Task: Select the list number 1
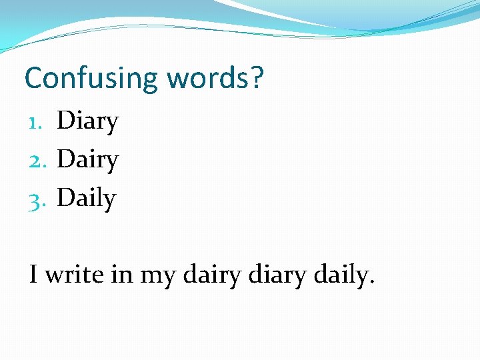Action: (37, 122)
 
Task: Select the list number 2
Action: (37, 161)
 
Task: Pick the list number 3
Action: (37, 199)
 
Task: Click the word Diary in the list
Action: (87, 122)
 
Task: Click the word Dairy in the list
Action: (87, 161)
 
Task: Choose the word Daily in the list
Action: (86, 199)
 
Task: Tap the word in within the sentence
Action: (122, 273)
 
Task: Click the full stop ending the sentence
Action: (371, 282)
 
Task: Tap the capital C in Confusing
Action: (33, 78)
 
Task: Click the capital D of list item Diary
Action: (65, 122)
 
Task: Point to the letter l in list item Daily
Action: (100, 198)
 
